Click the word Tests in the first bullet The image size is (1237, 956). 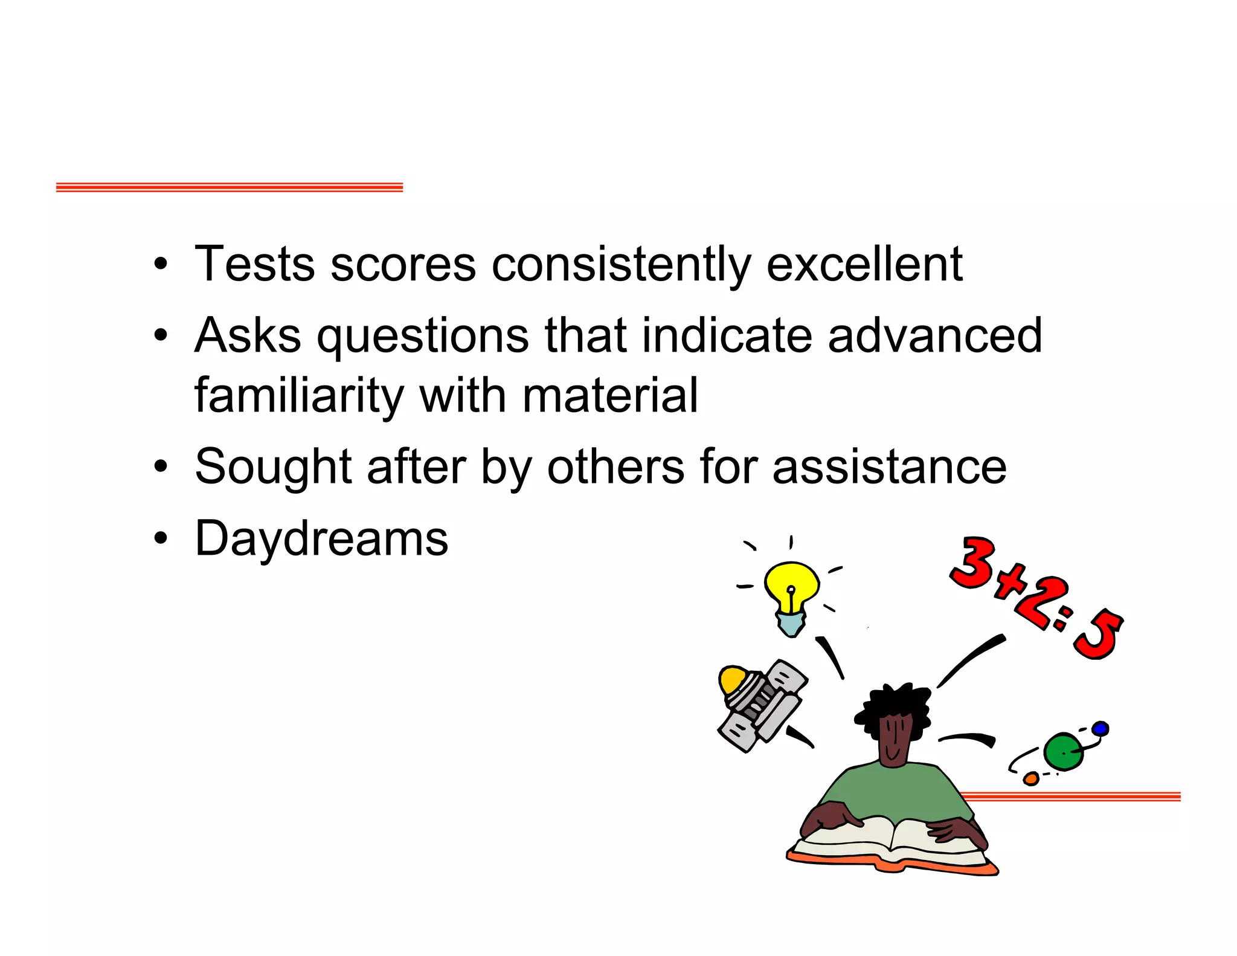pos(254,264)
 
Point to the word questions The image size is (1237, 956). pos(423,337)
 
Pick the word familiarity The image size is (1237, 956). pos(299,396)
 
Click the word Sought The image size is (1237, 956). pos(273,468)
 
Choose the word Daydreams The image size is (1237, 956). pos(321,538)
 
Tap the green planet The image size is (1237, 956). pos(1063,751)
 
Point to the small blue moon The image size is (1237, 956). pos(1100,728)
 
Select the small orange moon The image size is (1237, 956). pos(1031,778)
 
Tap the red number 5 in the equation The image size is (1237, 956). pos(1097,636)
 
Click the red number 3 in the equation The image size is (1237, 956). pos(974,563)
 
